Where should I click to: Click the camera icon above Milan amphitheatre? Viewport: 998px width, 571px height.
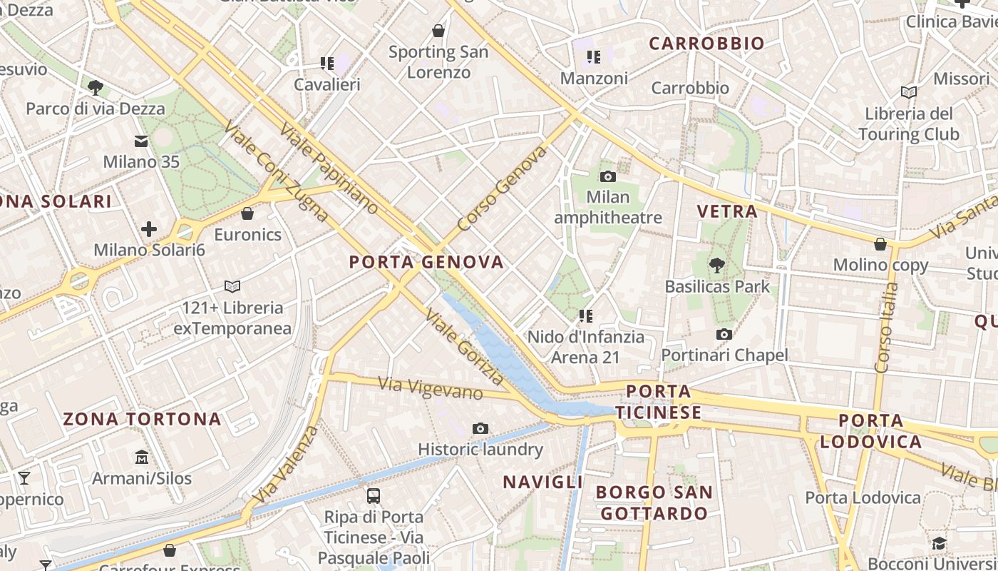(x=607, y=176)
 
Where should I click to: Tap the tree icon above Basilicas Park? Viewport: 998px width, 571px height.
(x=716, y=266)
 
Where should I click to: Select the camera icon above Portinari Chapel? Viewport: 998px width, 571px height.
(x=724, y=334)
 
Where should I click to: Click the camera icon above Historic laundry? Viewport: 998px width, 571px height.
(x=480, y=428)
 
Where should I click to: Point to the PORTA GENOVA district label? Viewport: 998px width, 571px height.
(x=426, y=262)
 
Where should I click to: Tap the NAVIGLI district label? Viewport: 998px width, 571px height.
(x=543, y=482)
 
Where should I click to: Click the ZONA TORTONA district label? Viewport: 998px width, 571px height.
(x=143, y=419)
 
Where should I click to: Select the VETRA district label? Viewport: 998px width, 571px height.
(x=727, y=211)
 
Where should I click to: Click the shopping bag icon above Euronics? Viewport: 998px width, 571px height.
(x=247, y=213)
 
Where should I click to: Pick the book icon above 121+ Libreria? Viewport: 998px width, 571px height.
(x=232, y=286)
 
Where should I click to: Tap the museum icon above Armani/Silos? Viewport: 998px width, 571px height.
(x=142, y=457)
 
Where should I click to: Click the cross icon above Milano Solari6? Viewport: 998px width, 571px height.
(x=149, y=229)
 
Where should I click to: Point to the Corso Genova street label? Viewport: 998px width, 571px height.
(x=503, y=188)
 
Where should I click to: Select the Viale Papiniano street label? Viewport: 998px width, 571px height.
(x=329, y=168)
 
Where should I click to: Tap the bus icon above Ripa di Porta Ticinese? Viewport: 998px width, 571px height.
(x=373, y=495)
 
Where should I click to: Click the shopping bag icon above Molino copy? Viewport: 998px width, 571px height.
(x=880, y=244)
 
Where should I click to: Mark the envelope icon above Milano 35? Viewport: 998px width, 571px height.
(x=141, y=141)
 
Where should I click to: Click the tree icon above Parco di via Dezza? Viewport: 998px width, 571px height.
(x=95, y=88)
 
